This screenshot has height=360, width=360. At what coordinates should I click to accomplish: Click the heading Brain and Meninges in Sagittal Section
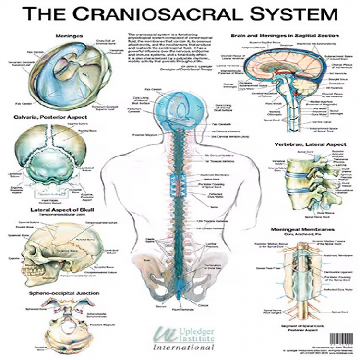point(285,36)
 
